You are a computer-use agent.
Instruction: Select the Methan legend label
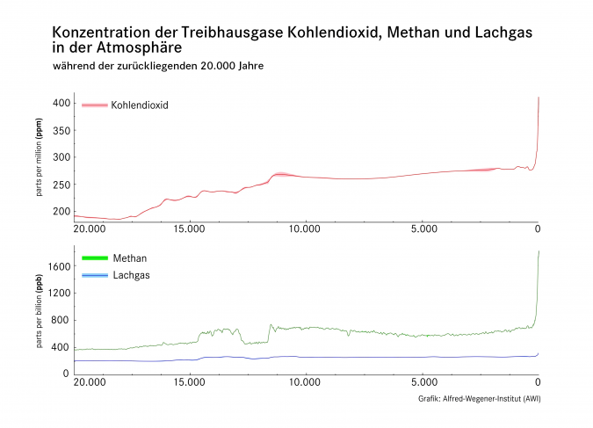point(130,258)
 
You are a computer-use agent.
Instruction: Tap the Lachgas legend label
point(132,275)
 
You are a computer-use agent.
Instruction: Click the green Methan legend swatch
point(94,258)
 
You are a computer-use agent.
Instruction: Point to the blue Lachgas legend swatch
point(94,275)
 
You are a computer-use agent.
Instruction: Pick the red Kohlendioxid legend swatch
point(94,105)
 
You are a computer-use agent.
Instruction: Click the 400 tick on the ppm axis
point(60,104)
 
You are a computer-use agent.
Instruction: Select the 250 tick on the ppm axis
point(60,185)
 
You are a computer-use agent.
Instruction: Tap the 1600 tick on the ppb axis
point(58,265)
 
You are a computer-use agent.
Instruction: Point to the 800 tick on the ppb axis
point(60,319)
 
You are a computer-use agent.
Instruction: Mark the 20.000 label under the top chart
point(90,229)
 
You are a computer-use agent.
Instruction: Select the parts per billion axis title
point(40,310)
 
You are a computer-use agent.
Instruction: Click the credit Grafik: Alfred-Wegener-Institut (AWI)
point(478,400)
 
